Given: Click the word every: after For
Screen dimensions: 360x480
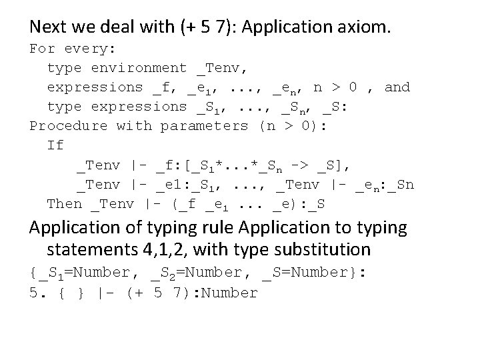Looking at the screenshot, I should (x=90, y=49).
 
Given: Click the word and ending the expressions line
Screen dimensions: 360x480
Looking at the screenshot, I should (x=397, y=87).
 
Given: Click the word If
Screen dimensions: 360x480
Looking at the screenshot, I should (x=55, y=145).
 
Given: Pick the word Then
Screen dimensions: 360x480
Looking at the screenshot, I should (x=64, y=204).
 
